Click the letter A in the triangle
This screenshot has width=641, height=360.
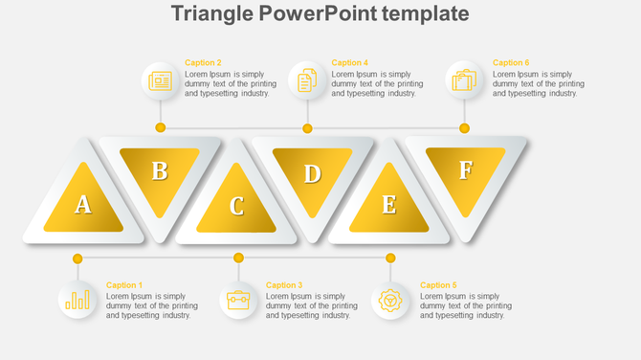click(83, 204)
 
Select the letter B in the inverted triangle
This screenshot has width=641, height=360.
click(160, 171)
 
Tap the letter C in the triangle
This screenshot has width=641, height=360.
click(236, 206)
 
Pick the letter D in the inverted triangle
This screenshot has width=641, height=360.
click(312, 174)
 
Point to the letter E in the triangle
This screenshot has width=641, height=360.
click(388, 205)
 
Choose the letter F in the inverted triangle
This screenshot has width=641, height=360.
click(465, 170)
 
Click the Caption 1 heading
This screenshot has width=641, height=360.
click(123, 285)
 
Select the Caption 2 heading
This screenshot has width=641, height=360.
click(203, 63)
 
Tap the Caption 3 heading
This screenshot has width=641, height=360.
click(283, 285)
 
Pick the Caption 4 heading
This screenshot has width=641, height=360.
click(349, 63)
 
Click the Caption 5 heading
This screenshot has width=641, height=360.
click(438, 285)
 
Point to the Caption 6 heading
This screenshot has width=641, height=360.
click(511, 63)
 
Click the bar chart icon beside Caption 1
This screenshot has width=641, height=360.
click(77, 301)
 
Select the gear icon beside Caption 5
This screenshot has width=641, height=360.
click(390, 301)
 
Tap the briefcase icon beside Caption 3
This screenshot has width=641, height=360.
click(238, 301)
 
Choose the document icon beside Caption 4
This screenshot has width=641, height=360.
click(307, 80)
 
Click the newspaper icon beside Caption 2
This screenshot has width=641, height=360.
click(160, 80)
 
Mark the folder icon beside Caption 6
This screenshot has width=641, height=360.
click(464, 80)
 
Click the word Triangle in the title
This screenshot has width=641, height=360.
click(210, 13)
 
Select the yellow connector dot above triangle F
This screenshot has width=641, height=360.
click(464, 127)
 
